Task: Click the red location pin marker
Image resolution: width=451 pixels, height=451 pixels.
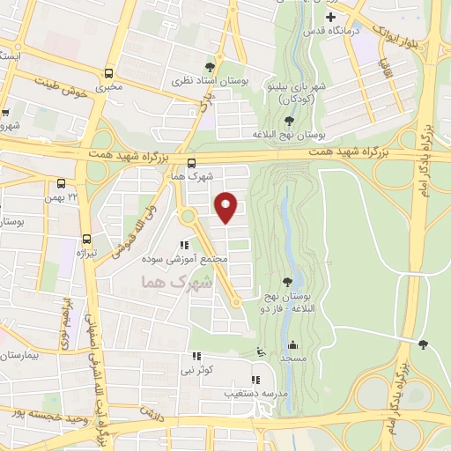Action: coord(226,206)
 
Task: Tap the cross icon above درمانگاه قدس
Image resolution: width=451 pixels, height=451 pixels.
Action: coord(330,18)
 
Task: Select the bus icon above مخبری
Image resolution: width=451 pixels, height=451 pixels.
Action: coord(109,74)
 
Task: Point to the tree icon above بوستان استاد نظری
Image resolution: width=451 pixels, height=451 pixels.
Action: coord(209,66)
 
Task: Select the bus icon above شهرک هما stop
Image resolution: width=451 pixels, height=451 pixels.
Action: coord(192,162)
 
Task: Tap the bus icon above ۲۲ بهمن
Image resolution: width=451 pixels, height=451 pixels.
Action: coord(61,184)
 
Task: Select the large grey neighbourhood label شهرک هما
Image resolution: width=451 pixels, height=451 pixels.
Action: coord(177,283)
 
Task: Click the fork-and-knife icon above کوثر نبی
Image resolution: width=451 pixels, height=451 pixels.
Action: coord(196,358)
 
